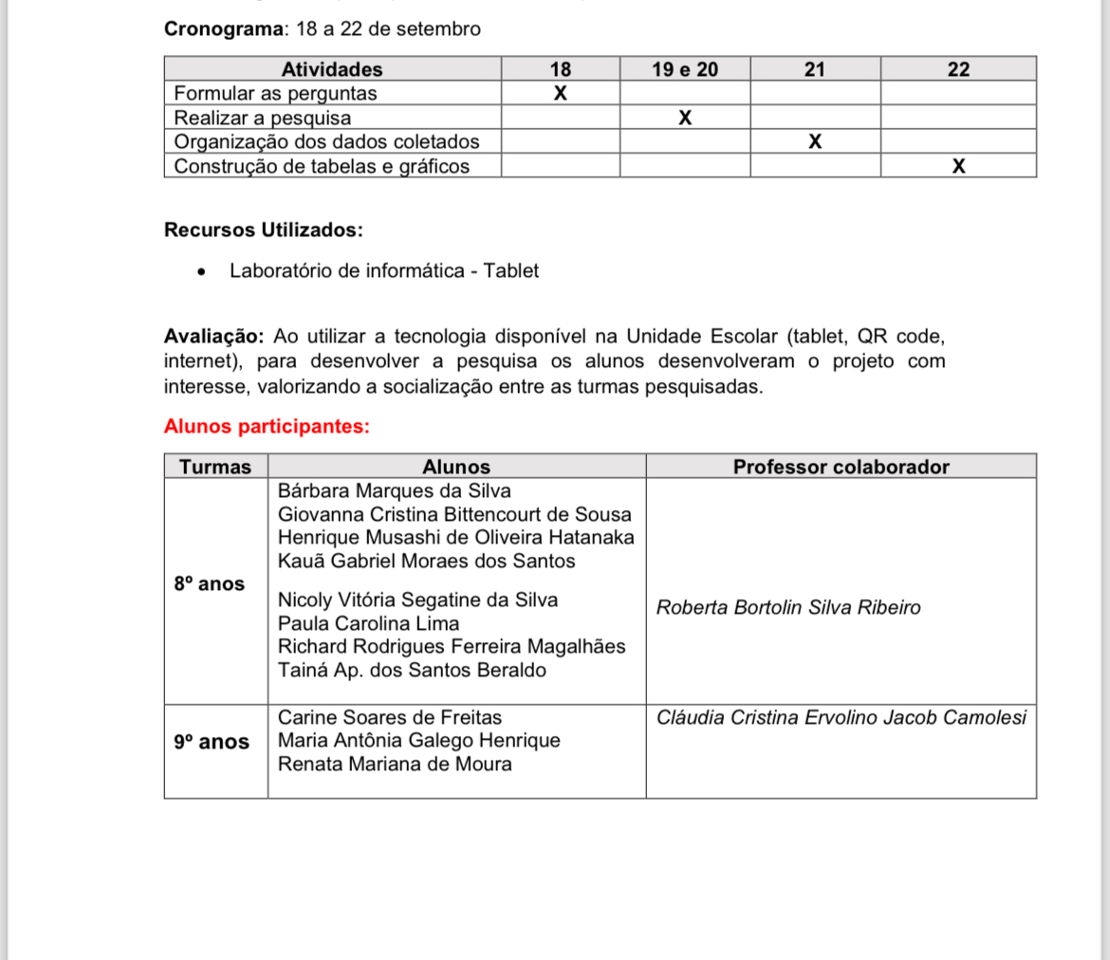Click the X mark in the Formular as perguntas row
[x=560, y=94]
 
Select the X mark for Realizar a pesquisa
[x=685, y=119]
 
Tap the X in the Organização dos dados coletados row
[x=815, y=142]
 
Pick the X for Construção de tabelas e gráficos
[x=958, y=167]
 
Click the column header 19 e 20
[x=685, y=69]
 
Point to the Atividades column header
[x=332, y=69]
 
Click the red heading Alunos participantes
[x=267, y=427]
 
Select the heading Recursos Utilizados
[x=263, y=231]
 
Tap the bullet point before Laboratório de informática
[x=201, y=271]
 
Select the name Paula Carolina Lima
[x=368, y=624]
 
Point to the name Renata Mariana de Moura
[x=395, y=765]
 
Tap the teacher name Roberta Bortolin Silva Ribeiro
[x=788, y=608]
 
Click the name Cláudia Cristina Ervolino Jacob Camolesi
[x=842, y=718]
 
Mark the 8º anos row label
[x=209, y=584]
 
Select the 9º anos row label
[x=212, y=742]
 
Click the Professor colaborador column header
[x=841, y=467]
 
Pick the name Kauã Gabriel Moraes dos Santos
[x=427, y=562]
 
